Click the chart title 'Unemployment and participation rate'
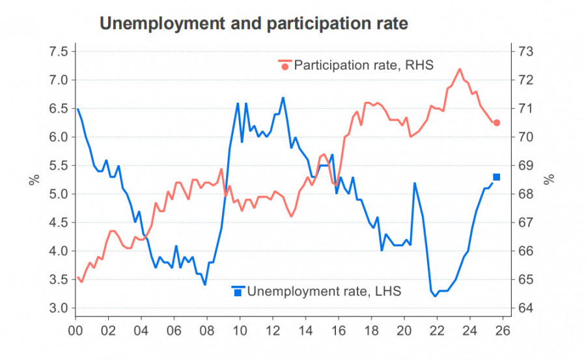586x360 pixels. [253, 24]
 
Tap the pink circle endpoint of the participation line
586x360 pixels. [497, 122]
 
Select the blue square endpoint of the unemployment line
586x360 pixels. [497, 177]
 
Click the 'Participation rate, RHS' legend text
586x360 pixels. [363, 65]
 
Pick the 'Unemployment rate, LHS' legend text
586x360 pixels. [324, 291]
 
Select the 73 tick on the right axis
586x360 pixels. [526, 51]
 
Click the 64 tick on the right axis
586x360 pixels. [526, 308]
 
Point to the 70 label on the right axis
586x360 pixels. [526, 137]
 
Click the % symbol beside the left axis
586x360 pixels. [33, 179]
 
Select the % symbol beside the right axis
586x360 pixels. [550, 179]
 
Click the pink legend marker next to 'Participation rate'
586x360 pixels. [285, 65]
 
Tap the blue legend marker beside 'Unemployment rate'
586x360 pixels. [238, 291]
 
